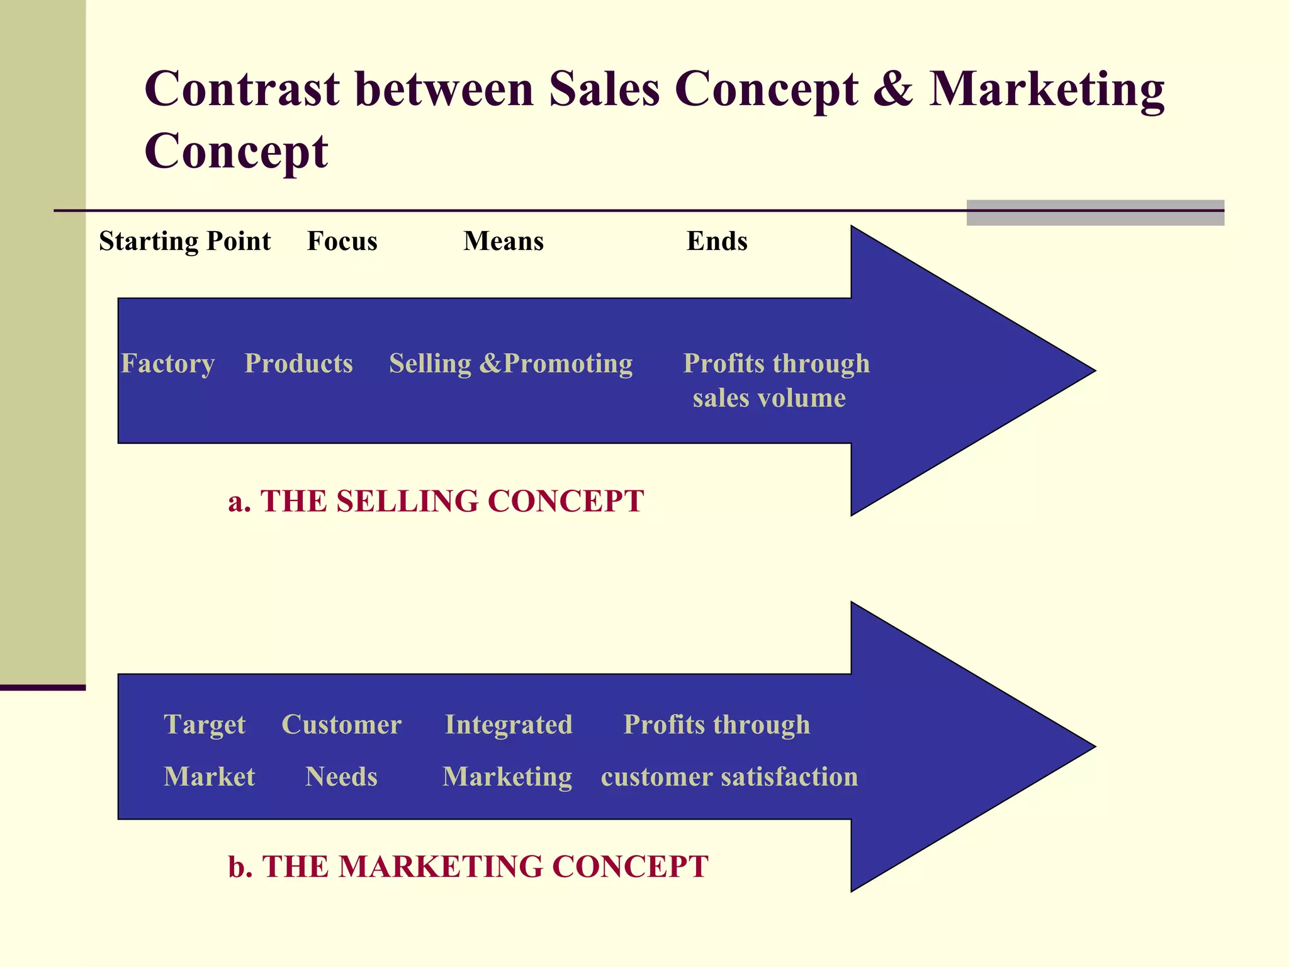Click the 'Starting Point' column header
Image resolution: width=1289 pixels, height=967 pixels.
(184, 241)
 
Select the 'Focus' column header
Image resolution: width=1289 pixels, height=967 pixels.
(342, 241)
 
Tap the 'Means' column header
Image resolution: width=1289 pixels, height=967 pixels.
(504, 241)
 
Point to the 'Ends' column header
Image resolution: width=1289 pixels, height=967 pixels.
(717, 241)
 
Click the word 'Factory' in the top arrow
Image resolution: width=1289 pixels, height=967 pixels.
(167, 364)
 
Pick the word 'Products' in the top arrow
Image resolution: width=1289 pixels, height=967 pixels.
(298, 363)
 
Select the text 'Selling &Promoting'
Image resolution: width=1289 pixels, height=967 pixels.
(510, 364)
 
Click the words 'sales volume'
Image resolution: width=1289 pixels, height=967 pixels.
(769, 398)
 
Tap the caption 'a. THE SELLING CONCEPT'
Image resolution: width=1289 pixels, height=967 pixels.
(436, 502)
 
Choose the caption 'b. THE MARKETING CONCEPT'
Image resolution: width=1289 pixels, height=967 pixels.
(468, 866)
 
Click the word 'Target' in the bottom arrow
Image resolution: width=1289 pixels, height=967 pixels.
(205, 725)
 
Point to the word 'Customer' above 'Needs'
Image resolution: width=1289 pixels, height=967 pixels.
(341, 725)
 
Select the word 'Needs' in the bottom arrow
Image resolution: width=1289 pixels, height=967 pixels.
(341, 777)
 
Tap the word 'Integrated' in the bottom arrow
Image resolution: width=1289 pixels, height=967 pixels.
(509, 725)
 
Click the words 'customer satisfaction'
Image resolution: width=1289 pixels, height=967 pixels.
(729, 777)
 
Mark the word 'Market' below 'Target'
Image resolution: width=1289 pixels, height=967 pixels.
(209, 777)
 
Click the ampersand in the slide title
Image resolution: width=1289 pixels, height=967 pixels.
(892, 89)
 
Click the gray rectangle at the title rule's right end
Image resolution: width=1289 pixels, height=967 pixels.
(1095, 213)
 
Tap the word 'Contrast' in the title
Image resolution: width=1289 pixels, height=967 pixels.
(242, 89)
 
